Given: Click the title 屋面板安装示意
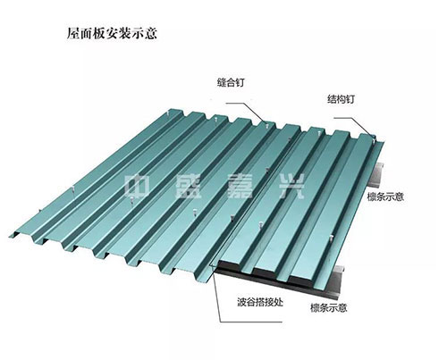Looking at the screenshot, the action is (112, 33).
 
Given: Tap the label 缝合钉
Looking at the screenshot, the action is (231, 82).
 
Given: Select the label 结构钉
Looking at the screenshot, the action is (341, 99).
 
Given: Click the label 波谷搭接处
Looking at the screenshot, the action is (260, 303).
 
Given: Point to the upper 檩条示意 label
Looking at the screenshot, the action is (385, 197).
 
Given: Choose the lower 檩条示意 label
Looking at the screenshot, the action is (329, 307).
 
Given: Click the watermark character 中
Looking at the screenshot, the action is (137, 187).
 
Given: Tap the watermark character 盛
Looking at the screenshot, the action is (189, 187).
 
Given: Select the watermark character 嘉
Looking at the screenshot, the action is (240, 187).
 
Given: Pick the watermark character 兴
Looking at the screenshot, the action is (291, 187).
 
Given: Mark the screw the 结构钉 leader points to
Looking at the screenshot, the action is (374, 138).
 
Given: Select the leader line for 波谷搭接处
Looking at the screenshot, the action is (220, 297).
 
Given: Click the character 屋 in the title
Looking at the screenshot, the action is (72, 33).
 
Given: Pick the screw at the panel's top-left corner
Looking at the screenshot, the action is (168, 113).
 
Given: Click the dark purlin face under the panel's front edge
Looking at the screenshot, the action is (268, 279).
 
